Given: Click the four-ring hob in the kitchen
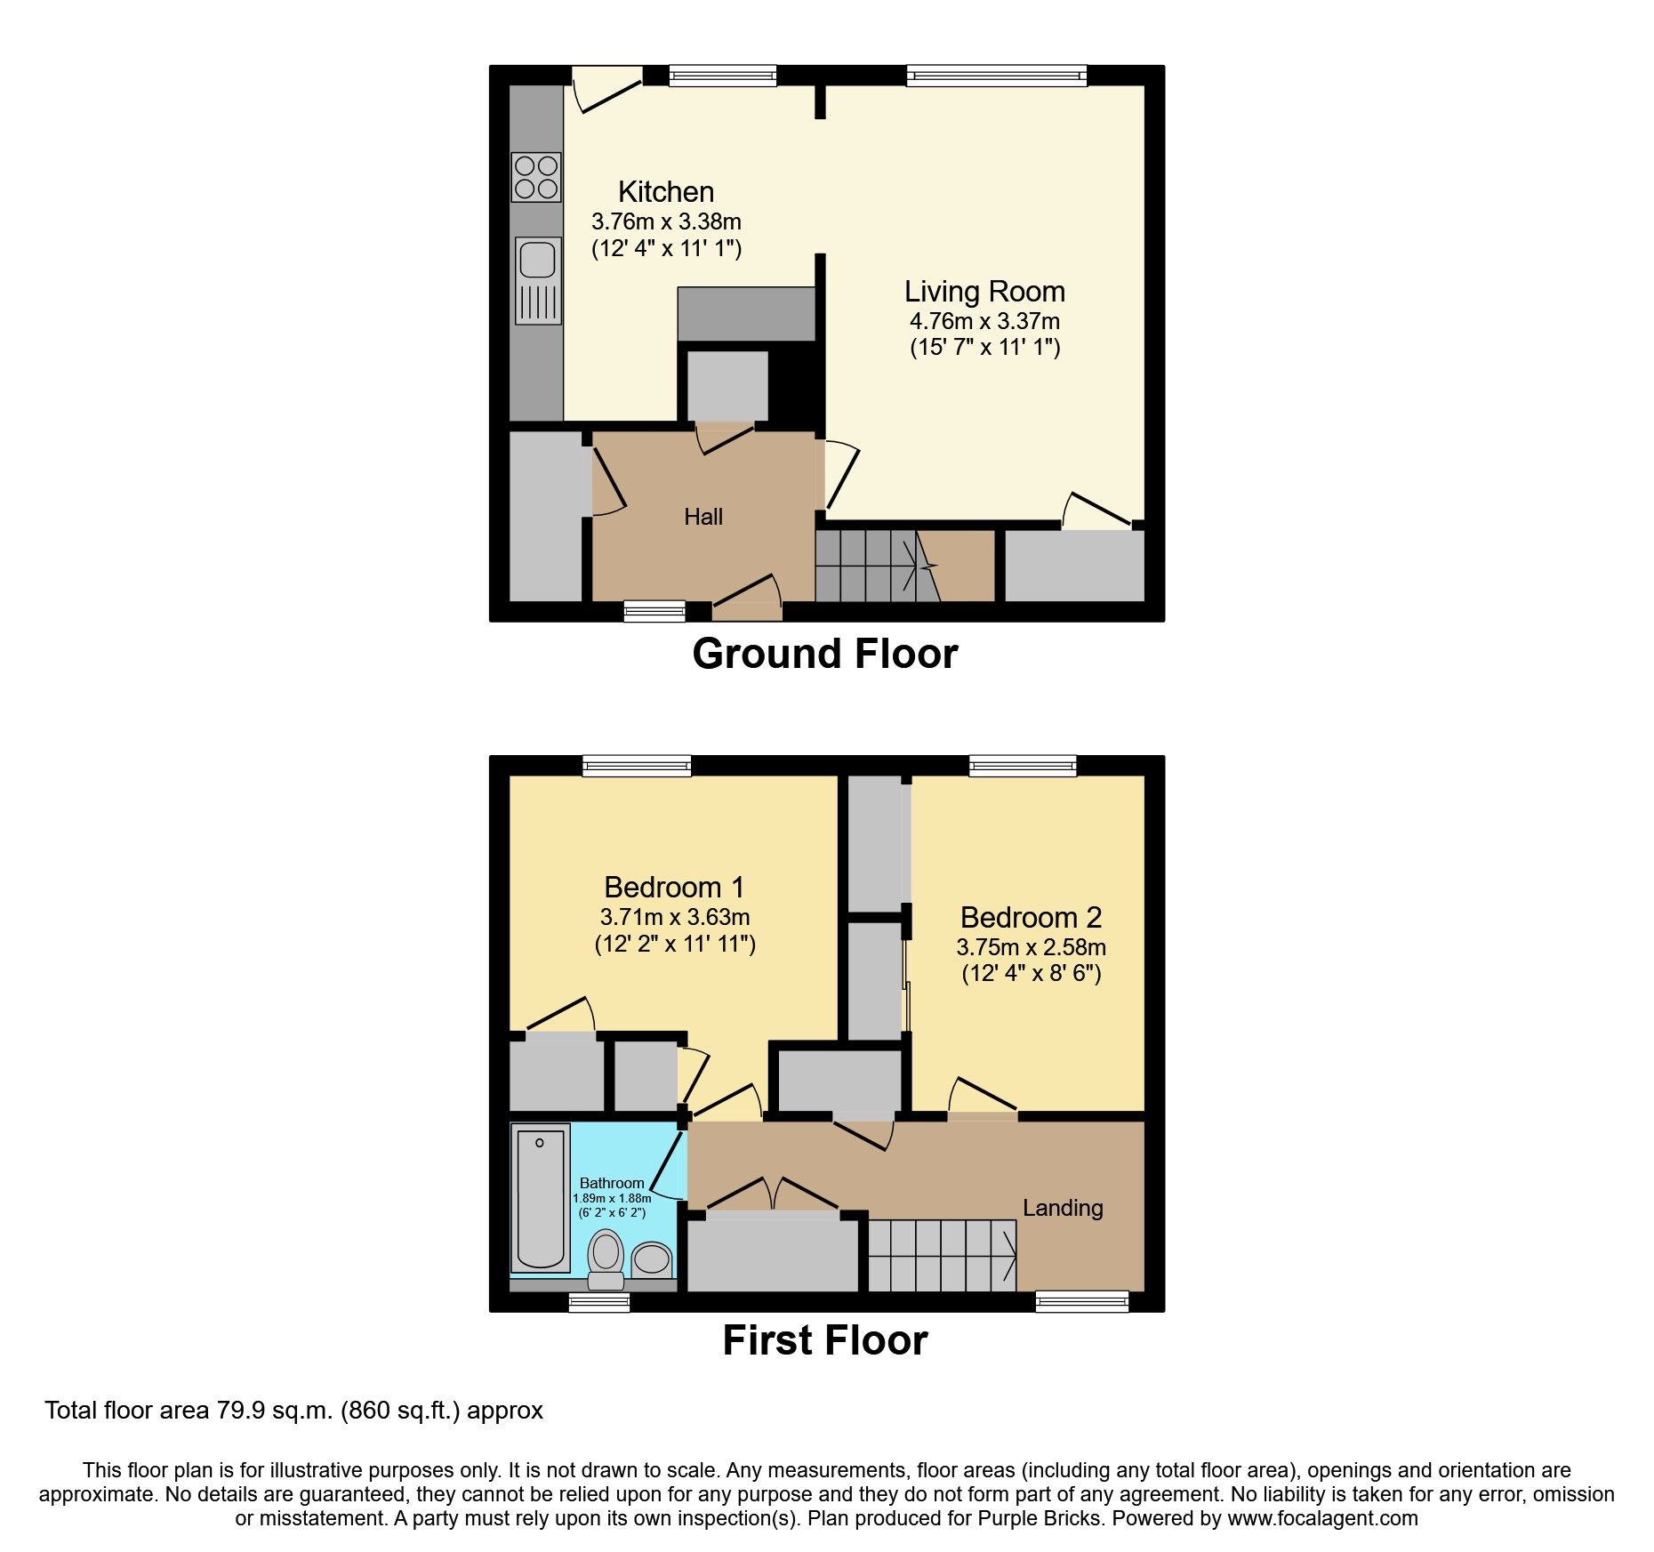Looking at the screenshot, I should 535,177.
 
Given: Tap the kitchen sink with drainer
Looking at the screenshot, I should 538,279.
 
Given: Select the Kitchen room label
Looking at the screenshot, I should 665,192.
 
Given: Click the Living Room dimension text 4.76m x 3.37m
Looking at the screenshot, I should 984,321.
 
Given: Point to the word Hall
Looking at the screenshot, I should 703,517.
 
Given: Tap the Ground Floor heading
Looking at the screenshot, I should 824,654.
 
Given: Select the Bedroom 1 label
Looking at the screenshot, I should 673,887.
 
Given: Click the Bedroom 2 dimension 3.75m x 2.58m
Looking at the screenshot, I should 1031,947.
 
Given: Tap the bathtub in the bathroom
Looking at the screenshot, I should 540,1198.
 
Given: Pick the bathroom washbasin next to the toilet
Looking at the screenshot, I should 652,1259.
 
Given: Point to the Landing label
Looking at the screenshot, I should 1062,1208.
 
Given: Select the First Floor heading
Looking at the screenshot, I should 824,1340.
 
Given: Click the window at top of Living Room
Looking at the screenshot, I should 996,76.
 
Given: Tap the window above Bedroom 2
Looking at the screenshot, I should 1022,766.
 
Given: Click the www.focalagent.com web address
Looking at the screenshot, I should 1322,1518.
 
